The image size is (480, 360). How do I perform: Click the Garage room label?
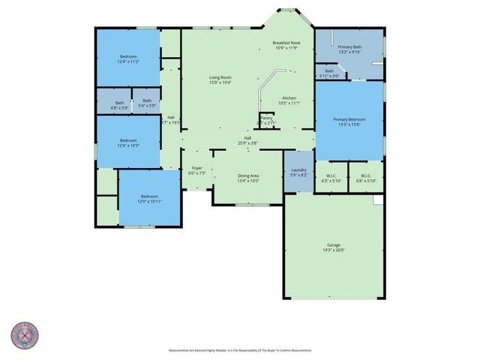click(334, 247)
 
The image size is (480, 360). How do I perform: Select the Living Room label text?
click(220, 79)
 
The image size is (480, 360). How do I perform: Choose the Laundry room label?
click(298, 172)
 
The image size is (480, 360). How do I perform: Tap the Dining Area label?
click(248, 177)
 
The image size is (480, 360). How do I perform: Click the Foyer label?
click(197, 169)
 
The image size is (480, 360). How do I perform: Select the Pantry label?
click(267, 118)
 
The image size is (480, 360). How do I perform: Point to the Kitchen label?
click(290, 100)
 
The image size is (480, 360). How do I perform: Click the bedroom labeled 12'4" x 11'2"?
click(128, 59)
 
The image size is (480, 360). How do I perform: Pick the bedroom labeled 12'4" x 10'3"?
click(128, 142)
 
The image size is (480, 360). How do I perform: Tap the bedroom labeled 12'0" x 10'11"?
click(148, 199)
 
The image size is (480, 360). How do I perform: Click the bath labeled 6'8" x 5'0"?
click(120, 104)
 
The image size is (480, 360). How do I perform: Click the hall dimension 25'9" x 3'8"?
click(247, 142)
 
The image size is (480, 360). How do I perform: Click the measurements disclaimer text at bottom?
click(239, 350)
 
